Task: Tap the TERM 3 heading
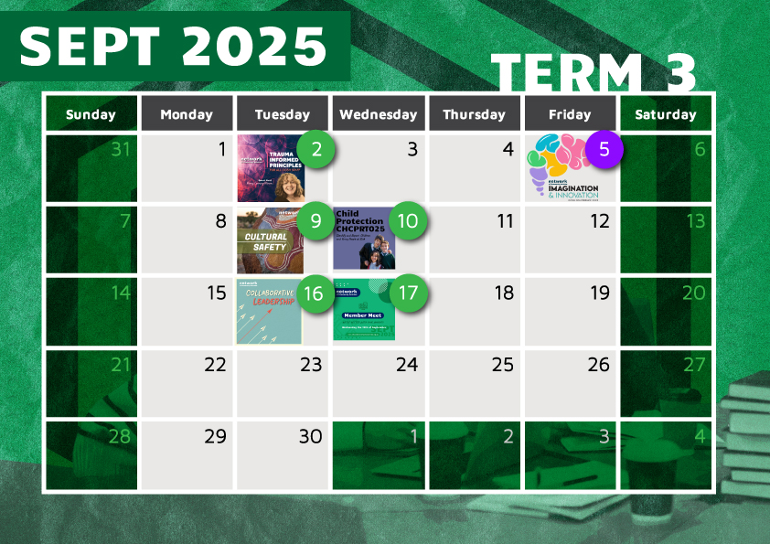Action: [x=594, y=73]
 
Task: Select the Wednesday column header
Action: [x=378, y=114]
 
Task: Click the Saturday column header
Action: [x=665, y=114]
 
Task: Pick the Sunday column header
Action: [x=91, y=114]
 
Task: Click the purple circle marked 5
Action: [x=604, y=150]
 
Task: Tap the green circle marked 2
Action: [x=316, y=150]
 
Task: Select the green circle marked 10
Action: [x=408, y=221]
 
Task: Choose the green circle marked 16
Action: [x=315, y=294]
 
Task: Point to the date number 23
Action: [x=311, y=365]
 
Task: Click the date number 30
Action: [x=311, y=437]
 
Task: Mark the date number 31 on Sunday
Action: [x=121, y=149]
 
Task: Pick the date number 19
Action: [x=599, y=293]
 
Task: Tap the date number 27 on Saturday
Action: [x=695, y=365]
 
